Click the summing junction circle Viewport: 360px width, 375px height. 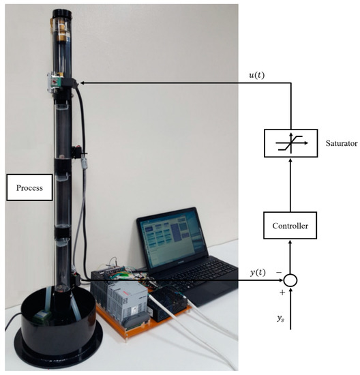pyautogui.click(x=291, y=280)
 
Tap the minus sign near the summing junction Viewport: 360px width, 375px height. pyautogui.click(x=278, y=271)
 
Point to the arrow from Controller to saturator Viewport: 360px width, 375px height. pyautogui.click(x=291, y=184)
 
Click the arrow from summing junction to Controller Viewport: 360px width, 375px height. pyautogui.click(x=291, y=256)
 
